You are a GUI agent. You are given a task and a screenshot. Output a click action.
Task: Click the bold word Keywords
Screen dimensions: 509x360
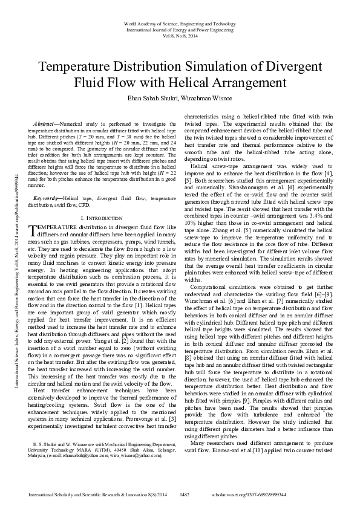click(x=47, y=198)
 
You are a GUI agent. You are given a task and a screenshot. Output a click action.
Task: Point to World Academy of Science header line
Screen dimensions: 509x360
click(x=180, y=22)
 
